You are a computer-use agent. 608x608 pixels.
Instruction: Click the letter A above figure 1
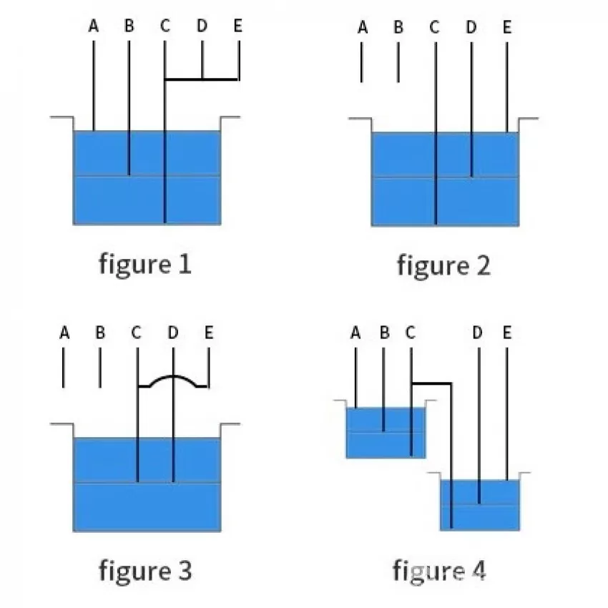click(x=94, y=26)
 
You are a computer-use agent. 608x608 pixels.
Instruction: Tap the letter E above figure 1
click(x=237, y=26)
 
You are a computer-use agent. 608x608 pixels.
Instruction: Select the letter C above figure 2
click(x=435, y=27)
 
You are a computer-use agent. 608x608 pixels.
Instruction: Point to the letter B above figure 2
click(x=398, y=27)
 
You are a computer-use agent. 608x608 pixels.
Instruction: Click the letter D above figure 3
click(x=173, y=333)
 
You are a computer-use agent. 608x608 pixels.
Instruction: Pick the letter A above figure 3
click(x=64, y=333)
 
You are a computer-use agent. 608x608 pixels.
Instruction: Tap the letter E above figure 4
click(x=507, y=333)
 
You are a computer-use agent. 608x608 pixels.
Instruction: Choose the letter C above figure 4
click(x=411, y=333)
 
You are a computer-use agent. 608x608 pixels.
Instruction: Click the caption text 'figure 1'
click(x=145, y=265)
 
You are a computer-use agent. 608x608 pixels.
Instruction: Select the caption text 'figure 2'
click(x=443, y=266)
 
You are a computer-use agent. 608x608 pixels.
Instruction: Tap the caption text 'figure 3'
click(x=145, y=572)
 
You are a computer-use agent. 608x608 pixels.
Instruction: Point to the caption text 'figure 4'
click(x=439, y=572)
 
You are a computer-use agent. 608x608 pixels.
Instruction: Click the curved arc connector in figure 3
click(x=173, y=376)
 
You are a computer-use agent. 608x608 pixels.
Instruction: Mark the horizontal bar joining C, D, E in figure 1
click(x=202, y=79)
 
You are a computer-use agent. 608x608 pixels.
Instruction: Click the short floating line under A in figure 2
click(x=362, y=62)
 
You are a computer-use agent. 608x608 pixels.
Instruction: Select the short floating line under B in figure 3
click(x=100, y=368)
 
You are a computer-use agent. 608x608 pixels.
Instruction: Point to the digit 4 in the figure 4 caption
click(x=478, y=570)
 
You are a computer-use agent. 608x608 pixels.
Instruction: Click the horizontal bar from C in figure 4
click(x=431, y=383)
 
